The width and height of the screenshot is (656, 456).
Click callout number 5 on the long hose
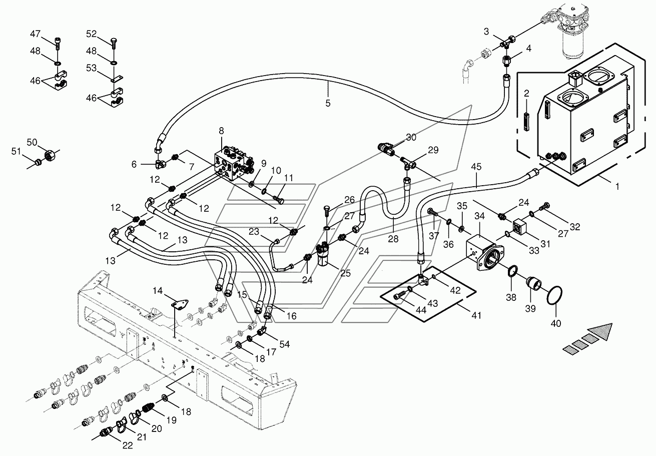(x=328, y=103)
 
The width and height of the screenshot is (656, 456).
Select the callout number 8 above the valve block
(x=221, y=131)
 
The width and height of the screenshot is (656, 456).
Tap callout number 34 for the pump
(x=479, y=216)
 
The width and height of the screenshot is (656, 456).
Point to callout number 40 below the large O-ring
(x=556, y=323)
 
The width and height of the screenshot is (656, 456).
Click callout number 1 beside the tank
(x=617, y=186)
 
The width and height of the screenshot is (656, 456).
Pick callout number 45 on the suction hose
(x=476, y=167)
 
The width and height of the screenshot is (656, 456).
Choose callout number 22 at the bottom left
(x=128, y=445)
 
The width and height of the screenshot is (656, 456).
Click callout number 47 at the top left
(x=35, y=34)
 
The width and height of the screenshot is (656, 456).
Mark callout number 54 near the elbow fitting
(x=284, y=344)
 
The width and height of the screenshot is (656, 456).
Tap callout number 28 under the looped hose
(x=393, y=239)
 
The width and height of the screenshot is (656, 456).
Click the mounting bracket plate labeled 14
(x=179, y=304)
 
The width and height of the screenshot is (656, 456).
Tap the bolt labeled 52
(x=114, y=43)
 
